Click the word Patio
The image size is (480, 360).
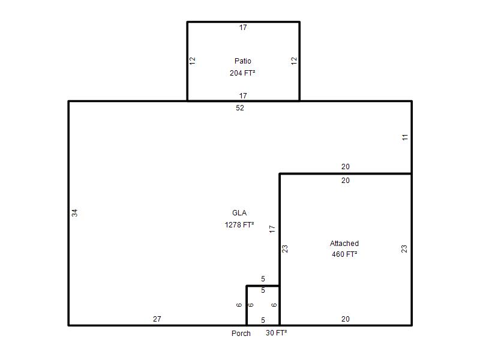pos(243,61)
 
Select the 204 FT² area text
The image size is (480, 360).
pos(242,73)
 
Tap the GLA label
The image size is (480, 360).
pos(239,213)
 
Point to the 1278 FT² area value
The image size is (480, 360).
pos(239,224)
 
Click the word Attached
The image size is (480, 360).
pos(344,244)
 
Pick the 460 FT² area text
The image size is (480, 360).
pos(344,254)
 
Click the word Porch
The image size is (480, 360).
pos(241,334)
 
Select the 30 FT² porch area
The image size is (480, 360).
pos(277,333)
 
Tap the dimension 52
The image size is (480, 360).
pos(240,108)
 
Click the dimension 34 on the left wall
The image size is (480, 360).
pos(74,213)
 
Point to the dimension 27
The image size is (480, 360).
pos(157,319)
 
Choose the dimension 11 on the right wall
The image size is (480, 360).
pos(405,137)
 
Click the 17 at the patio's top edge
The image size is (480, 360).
pos(243,28)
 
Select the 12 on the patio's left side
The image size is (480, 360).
pos(192,61)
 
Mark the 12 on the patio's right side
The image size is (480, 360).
pos(294,61)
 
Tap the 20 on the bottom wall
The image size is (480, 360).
pos(346,319)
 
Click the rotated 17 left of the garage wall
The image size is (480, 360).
pos(272,229)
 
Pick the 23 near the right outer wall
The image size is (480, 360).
pos(404,249)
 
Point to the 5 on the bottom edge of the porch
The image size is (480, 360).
pos(263,320)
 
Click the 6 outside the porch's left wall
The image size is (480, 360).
pos(239,305)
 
